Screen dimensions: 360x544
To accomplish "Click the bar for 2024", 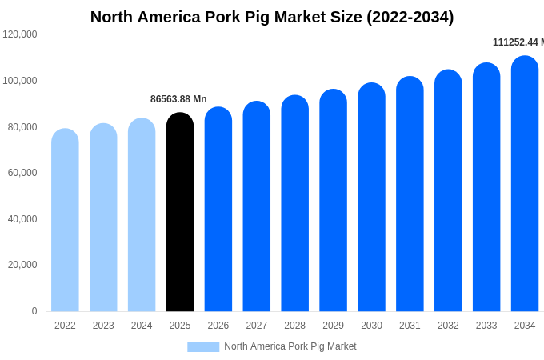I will point(142,215).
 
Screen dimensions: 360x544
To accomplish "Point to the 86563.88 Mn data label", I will point(178,99).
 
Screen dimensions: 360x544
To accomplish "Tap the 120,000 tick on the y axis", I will point(20,34).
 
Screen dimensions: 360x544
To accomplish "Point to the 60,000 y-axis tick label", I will point(22,173).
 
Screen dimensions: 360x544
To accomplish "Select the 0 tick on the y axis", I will point(34,311).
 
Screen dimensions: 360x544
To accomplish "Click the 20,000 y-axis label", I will point(22,265).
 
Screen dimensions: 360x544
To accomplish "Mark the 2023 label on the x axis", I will point(103,326).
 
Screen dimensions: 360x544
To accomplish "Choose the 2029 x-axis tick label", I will point(333,326).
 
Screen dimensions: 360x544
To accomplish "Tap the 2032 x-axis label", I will point(448,326).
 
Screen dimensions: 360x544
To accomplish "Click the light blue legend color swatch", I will point(203,347).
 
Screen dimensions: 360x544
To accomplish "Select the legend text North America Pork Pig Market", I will point(290,346).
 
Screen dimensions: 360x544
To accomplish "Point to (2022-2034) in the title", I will point(410,17).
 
